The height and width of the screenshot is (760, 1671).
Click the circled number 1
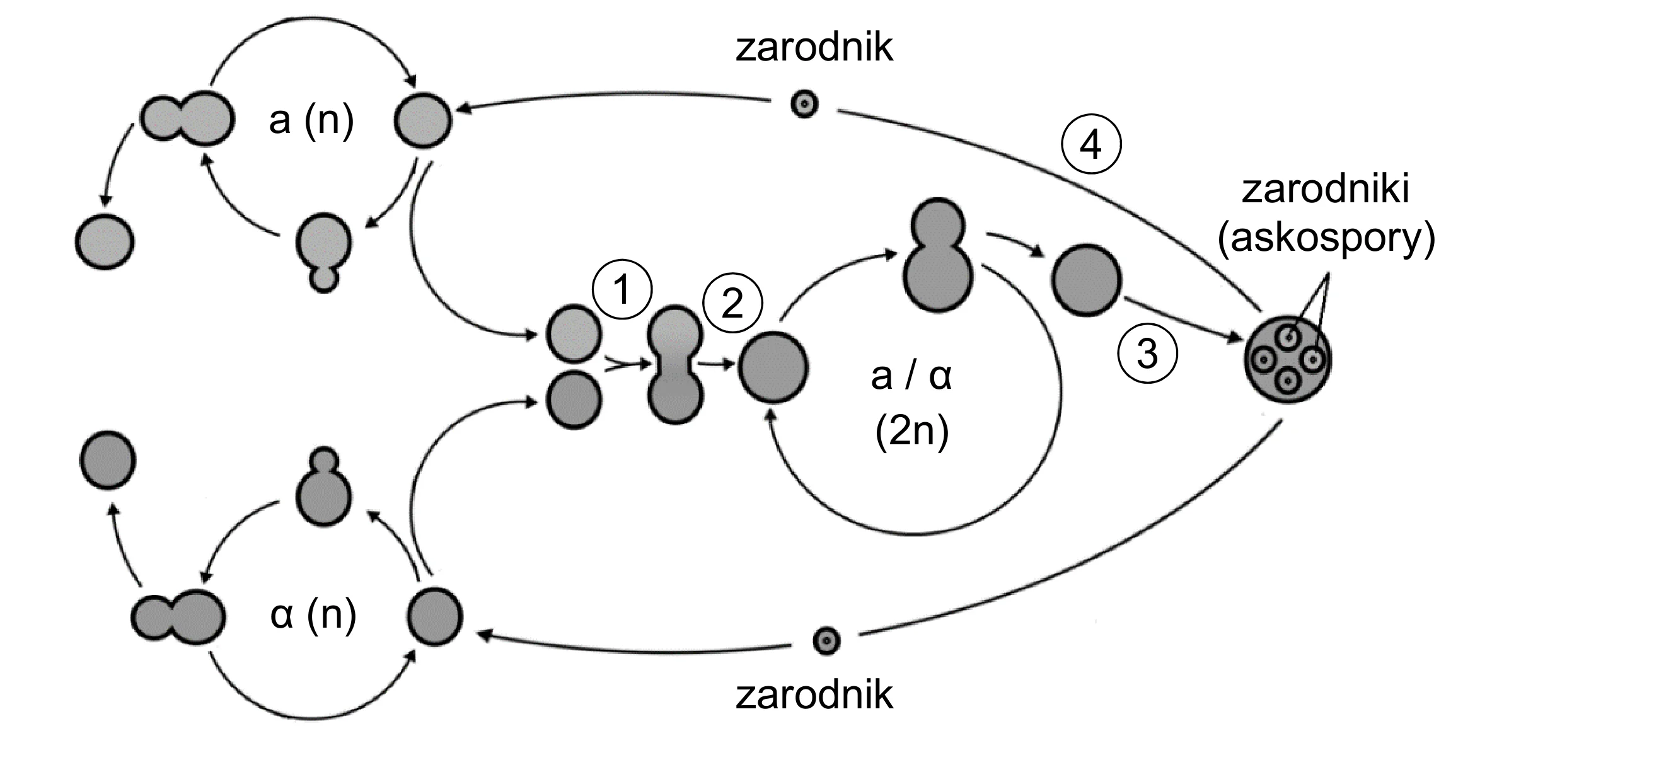click(x=622, y=290)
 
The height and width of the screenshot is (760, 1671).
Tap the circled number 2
click(x=733, y=304)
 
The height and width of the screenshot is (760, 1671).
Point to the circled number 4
click(x=1091, y=144)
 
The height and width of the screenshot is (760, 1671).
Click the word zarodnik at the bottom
click(x=814, y=694)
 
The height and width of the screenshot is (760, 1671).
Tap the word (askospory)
click(x=1326, y=238)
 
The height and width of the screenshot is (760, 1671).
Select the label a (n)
click(x=311, y=120)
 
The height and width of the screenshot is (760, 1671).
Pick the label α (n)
click(x=313, y=615)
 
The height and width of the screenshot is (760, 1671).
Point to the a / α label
click(x=911, y=376)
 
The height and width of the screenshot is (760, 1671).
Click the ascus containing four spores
click(x=1288, y=360)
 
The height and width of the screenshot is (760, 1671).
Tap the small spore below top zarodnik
click(x=804, y=104)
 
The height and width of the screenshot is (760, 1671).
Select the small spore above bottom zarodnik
click(x=826, y=642)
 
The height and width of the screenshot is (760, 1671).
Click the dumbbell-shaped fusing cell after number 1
click(x=675, y=365)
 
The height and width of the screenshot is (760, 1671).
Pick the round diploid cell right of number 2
click(x=773, y=367)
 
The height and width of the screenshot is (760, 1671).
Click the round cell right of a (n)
click(x=423, y=120)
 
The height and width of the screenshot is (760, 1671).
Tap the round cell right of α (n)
click(x=435, y=616)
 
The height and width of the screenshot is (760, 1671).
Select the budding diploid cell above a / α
click(x=938, y=255)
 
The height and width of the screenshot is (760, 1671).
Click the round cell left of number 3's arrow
click(x=1086, y=280)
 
